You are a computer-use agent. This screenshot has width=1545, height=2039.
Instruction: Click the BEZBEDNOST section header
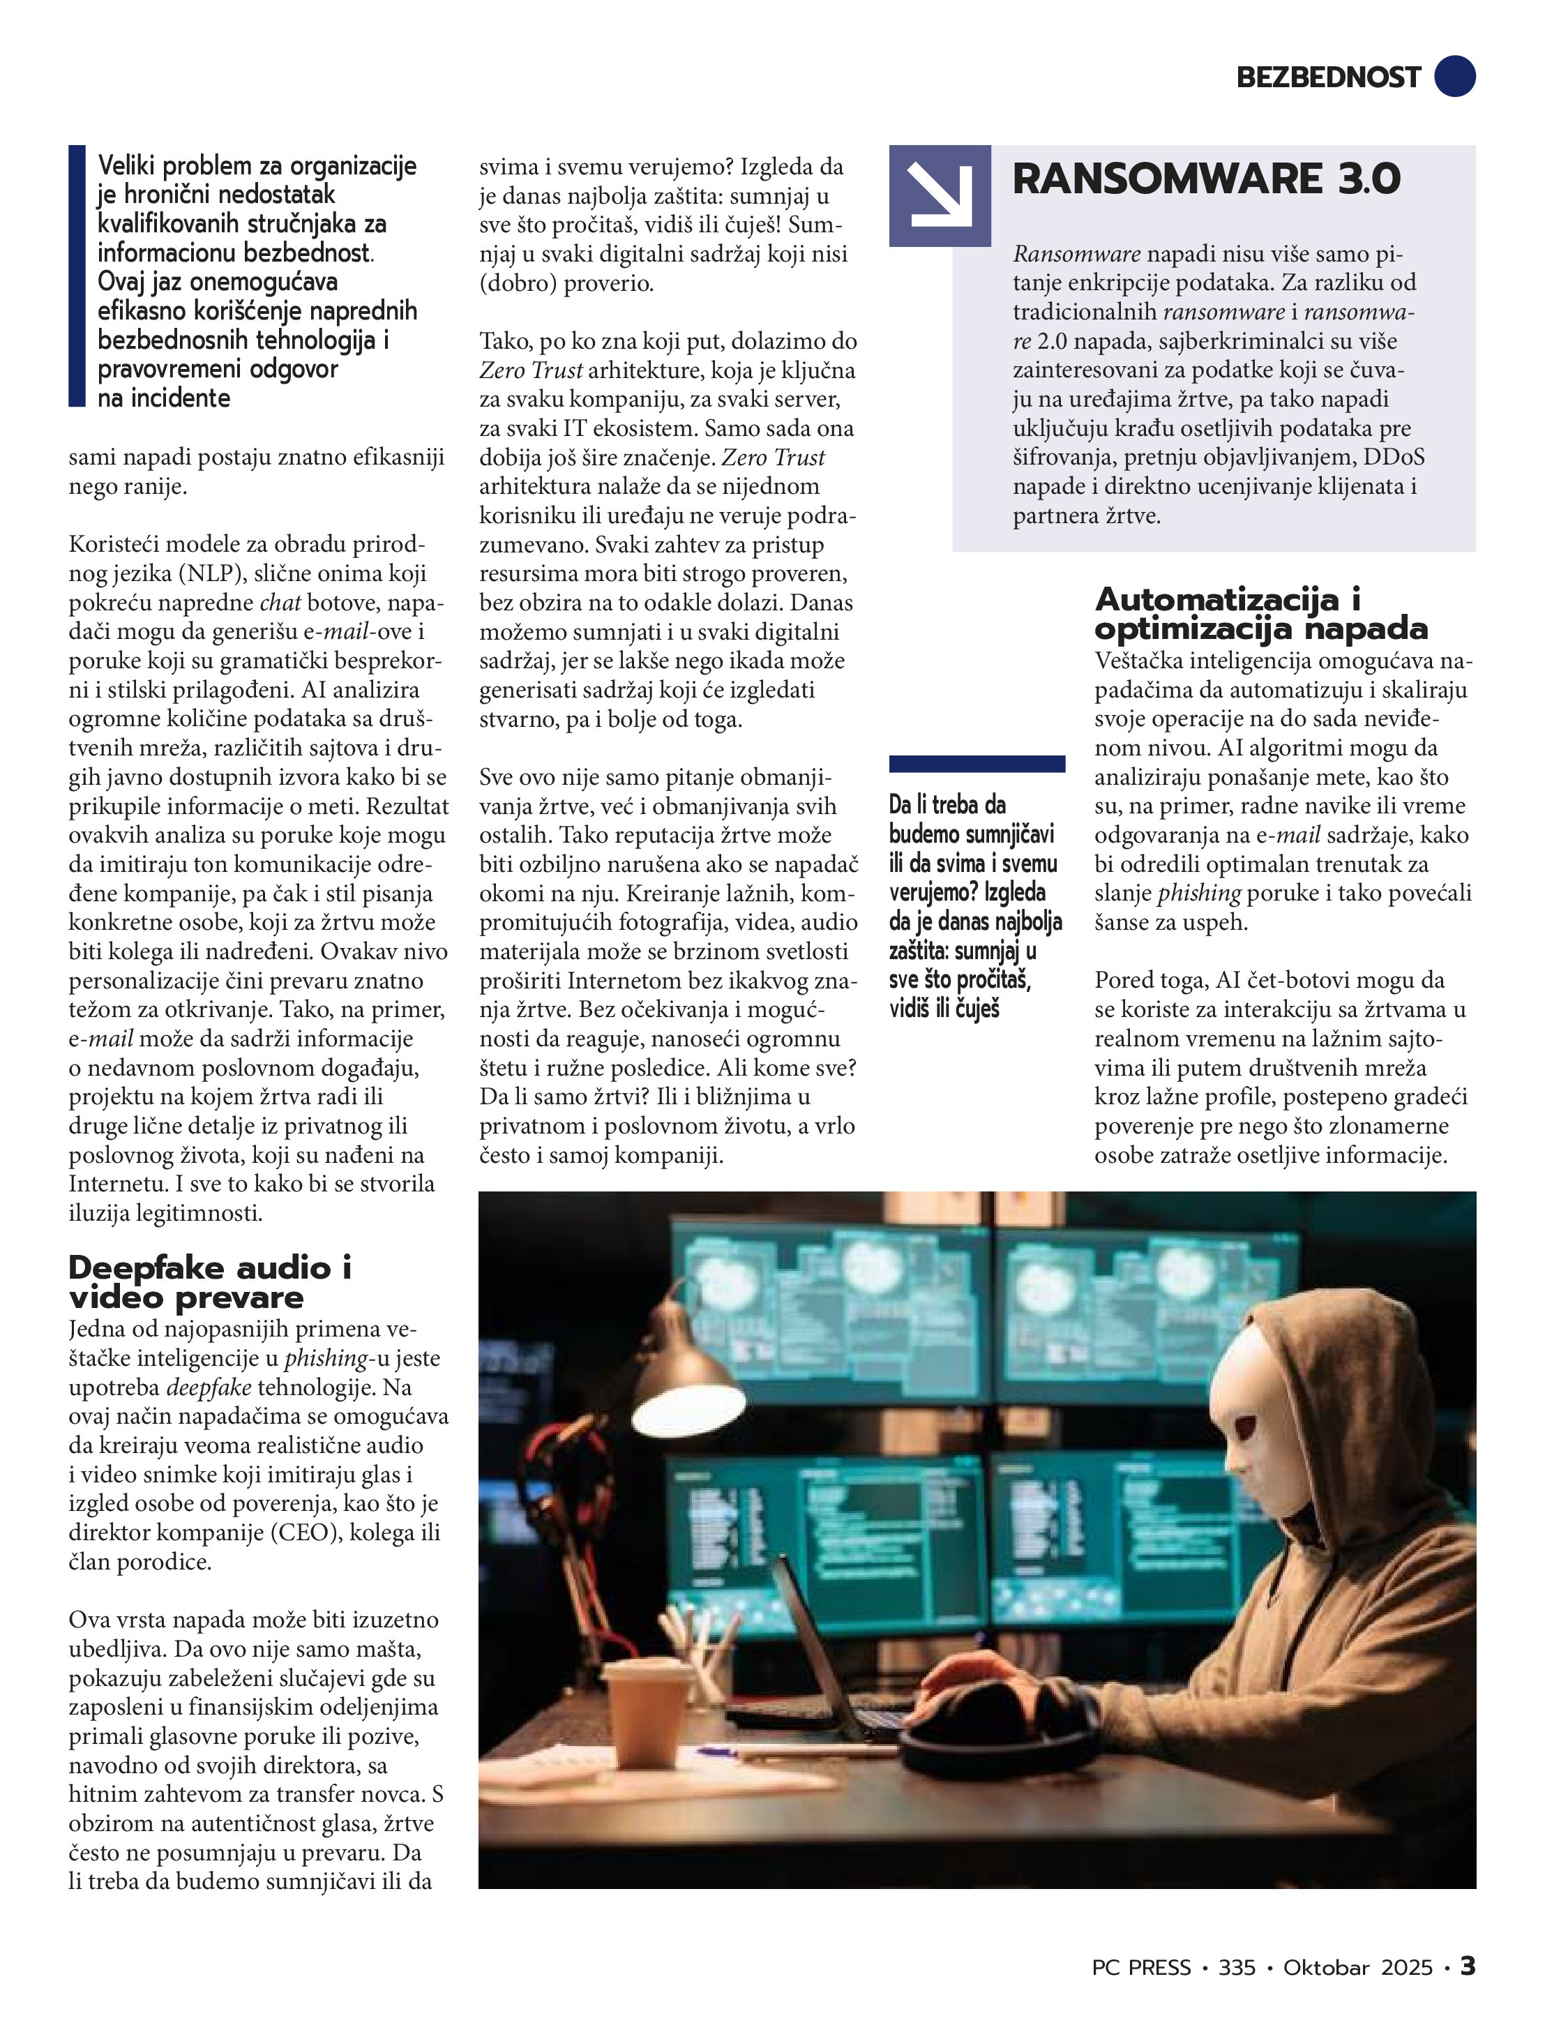pyautogui.click(x=1327, y=77)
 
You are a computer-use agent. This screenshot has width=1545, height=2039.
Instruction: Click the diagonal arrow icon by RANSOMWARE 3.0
pyautogui.click(x=940, y=195)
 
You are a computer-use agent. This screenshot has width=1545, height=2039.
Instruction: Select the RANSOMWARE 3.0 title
pyautogui.click(x=1206, y=179)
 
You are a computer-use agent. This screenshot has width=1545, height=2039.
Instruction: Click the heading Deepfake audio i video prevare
pyautogui.click(x=210, y=1282)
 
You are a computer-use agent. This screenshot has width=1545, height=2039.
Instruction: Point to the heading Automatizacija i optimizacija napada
pyautogui.click(x=1260, y=614)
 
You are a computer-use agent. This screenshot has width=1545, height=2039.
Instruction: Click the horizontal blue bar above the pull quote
pyautogui.click(x=977, y=763)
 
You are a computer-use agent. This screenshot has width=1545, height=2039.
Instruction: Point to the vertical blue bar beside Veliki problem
pyautogui.click(x=77, y=276)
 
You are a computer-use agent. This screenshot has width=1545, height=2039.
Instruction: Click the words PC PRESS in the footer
pyautogui.click(x=1141, y=1967)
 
